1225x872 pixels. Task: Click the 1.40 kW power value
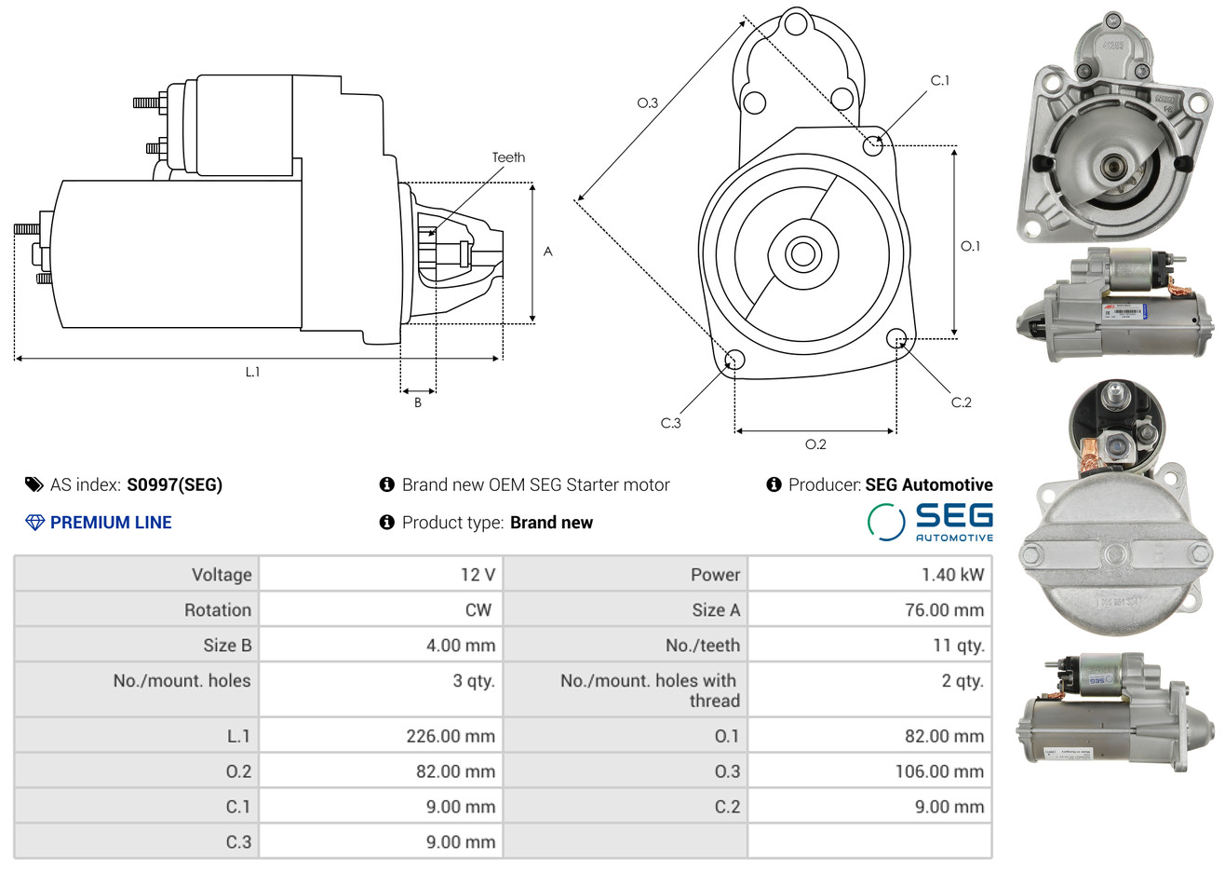(952, 575)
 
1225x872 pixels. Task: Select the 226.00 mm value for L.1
(451, 736)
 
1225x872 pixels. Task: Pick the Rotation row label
(218, 610)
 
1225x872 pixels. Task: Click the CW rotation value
(478, 610)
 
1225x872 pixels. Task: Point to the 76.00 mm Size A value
(944, 610)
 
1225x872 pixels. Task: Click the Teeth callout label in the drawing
(508, 157)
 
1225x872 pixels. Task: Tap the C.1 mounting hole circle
(873, 145)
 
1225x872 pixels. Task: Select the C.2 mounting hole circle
(896, 337)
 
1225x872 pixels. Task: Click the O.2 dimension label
(815, 444)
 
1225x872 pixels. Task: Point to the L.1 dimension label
(252, 372)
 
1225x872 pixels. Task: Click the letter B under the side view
(418, 402)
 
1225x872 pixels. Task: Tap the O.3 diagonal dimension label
(648, 102)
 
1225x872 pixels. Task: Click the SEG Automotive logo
(930, 522)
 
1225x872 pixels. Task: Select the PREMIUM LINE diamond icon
(34, 523)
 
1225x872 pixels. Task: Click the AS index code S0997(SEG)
(174, 484)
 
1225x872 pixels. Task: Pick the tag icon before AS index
(34, 484)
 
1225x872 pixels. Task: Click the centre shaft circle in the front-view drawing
(801, 253)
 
